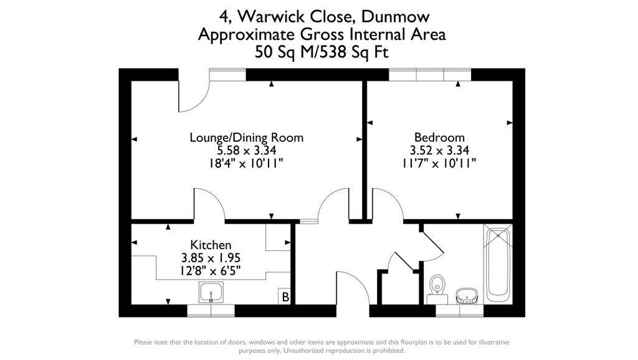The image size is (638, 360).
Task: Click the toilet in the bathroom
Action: point(437,290)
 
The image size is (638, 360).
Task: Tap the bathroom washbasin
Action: point(466,296)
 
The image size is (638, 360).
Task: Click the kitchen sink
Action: point(211,293)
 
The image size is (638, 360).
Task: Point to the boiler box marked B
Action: point(285,296)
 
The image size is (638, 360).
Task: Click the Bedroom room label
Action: point(439,137)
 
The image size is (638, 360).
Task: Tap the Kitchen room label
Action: point(211,245)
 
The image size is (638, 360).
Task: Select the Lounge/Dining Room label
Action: point(247,138)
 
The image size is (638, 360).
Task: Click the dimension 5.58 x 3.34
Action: point(247,151)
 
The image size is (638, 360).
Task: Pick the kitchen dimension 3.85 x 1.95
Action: point(211,258)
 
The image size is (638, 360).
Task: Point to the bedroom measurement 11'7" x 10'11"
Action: point(439,164)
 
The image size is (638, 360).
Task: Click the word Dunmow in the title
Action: point(396,17)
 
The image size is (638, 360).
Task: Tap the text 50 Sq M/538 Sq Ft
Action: point(321,52)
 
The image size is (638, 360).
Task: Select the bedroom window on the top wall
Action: point(430,75)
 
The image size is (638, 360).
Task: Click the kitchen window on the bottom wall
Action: point(211,311)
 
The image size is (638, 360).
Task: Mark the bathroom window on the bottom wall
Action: point(460,311)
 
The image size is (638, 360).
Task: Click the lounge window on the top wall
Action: point(228,75)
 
